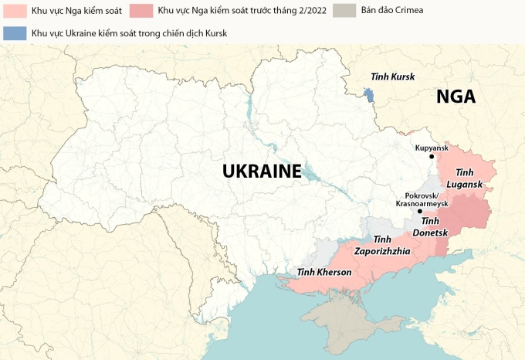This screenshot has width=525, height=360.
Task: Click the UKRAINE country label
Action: pyautogui.click(x=262, y=172)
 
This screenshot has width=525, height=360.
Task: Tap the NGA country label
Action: pyautogui.click(x=456, y=97)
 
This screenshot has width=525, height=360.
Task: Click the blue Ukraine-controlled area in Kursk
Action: pyautogui.click(x=368, y=97)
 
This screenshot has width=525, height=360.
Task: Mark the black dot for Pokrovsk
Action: pyautogui.click(x=419, y=211)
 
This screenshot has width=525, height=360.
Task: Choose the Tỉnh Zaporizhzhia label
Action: pyautogui.click(x=382, y=246)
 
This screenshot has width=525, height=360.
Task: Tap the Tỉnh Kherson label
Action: pyautogui.click(x=324, y=272)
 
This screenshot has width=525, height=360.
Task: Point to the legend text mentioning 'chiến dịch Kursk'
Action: pyautogui.click(x=130, y=33)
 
